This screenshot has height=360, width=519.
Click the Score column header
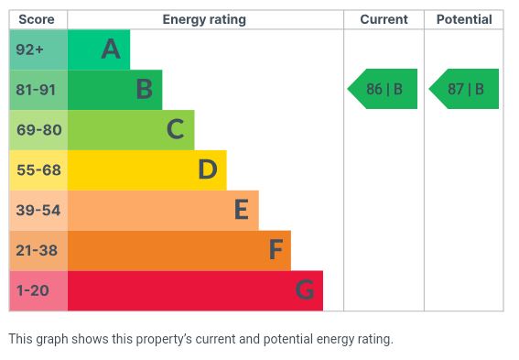tap(37, 19)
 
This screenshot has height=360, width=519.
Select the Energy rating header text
tap(204, 20)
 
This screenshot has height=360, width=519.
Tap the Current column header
tap(384, 19)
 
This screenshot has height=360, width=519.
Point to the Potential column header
tap(464, 19)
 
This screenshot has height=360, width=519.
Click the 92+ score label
tap(29, 49)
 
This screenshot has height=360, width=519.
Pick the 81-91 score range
tap(36, 90)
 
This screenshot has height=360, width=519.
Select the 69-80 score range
tap(39, 130)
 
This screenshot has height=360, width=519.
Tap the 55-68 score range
tap(38, 170)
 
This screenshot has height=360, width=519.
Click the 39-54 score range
tap(38, 211)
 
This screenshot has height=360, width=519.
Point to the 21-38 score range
tap(37, 250)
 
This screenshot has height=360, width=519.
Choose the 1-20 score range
tap(32, 290)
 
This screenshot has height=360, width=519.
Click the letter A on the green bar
tap(111, 49)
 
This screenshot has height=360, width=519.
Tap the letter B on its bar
tap(145, 89)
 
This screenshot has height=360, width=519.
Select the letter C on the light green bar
tap(176, 129)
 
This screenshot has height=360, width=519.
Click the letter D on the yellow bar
tap(208, 169)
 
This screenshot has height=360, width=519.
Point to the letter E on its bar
tap(242, 209)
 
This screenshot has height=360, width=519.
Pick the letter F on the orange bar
tap(276, 249)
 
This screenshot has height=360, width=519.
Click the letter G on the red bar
tap(305, 289)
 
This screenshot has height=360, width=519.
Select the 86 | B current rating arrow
tap(383, 89)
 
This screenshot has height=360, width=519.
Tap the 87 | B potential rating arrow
tap(464, 89)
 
